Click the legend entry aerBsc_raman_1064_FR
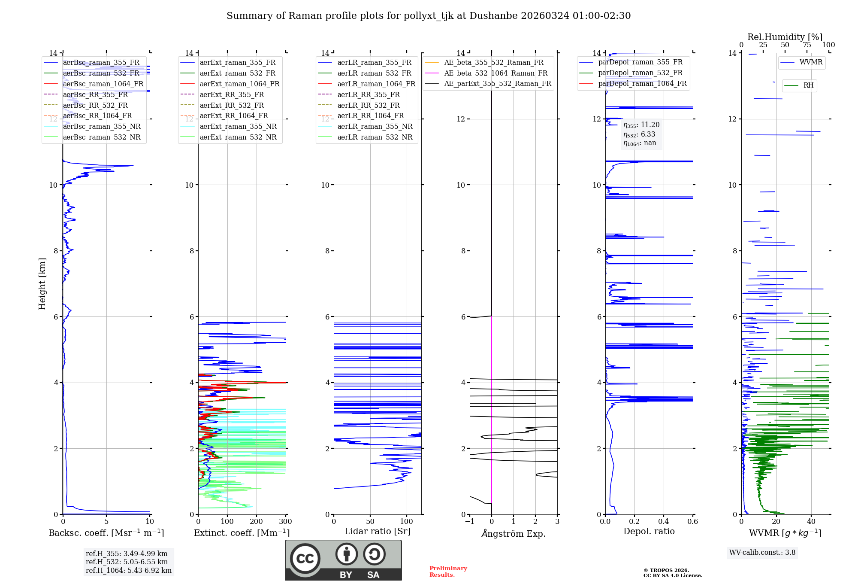pos(103,84)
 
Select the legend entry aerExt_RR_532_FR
pos(232,105)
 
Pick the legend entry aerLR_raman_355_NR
pos(375,126)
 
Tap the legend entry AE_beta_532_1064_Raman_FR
pos(495,73)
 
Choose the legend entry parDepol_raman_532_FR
pos(640,73)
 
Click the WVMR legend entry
pos(810,62)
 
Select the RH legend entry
pos(808,85)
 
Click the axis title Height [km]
pos(42,284)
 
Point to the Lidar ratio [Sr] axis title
pos(377,531)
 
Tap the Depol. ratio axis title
pos(649,531)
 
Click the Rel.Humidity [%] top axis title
pos(785,37)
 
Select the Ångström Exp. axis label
pos(514,533)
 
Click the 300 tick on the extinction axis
pos(285,521)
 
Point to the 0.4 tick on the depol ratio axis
pos(663,521)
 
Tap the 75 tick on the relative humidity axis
pos(807,45)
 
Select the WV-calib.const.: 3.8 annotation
pos(762,553)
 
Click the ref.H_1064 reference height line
pos(128,570)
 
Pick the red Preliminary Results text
pos(448,572)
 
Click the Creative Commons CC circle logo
pos(305,558)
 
